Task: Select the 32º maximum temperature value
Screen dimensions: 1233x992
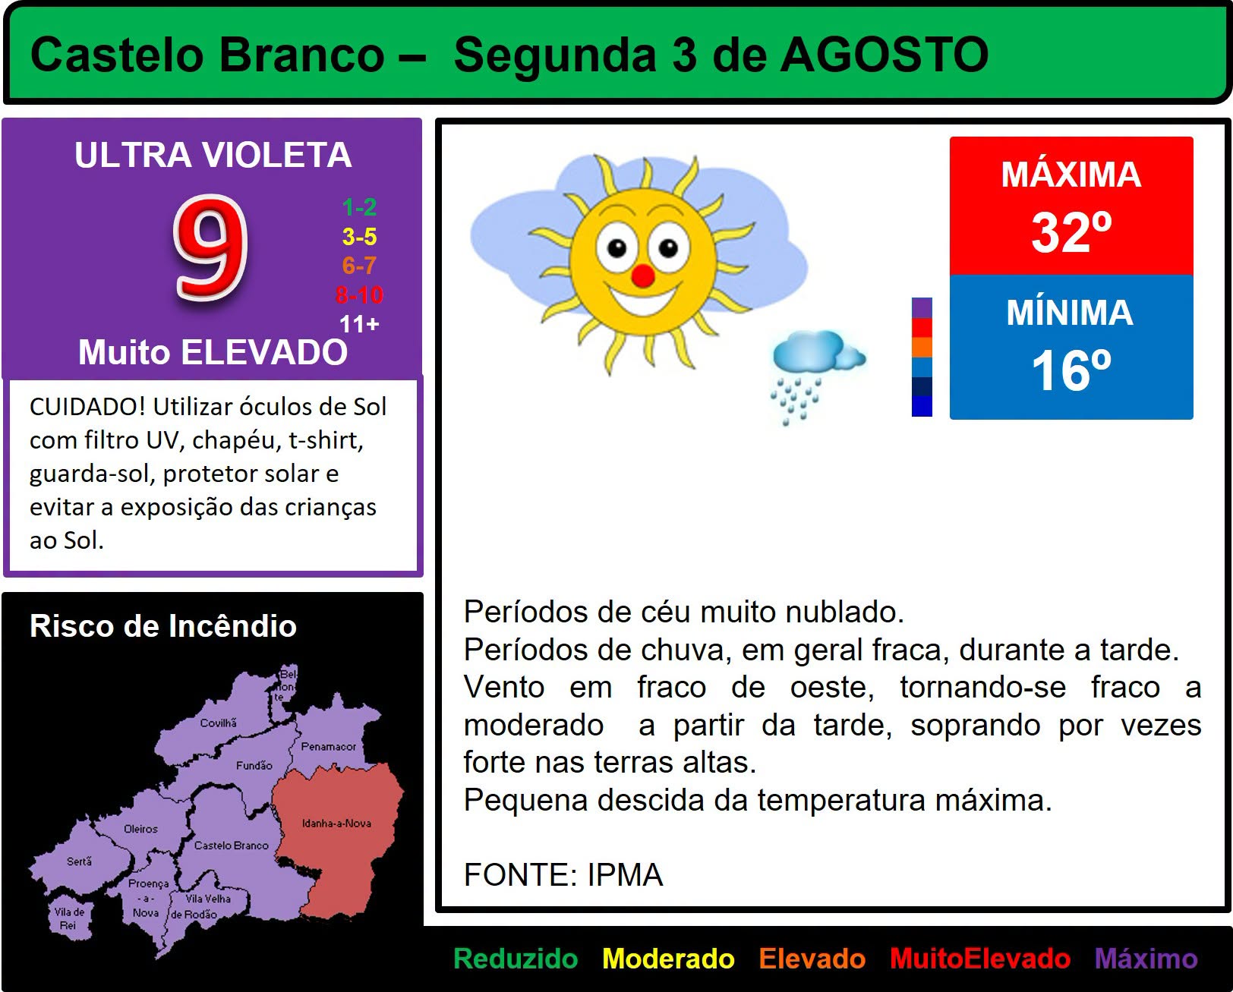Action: point(1071,232)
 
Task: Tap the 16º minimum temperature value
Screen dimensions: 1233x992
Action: point(1071,370)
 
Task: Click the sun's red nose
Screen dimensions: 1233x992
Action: point(643,276)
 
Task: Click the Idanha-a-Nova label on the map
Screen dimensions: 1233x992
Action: point(336,823)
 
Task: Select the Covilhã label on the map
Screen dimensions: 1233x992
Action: point(218,723)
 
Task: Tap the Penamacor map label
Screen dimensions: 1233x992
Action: point(328,746)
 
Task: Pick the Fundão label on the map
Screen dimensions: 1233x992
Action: point(254,765)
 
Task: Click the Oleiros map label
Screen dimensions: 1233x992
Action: point(140,829)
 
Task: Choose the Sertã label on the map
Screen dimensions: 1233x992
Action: point(79,861)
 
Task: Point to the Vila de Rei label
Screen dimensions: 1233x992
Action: point(69,918)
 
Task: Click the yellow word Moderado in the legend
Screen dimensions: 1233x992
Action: point(668,959)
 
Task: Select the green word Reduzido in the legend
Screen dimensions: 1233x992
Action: point(516,959)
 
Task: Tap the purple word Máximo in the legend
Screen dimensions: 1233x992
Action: point(1146,959)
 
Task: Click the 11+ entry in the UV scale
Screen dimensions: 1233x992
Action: point(359,324)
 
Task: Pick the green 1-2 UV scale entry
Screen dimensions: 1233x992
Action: point(359,206)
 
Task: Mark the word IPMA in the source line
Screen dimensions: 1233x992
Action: point(625,874)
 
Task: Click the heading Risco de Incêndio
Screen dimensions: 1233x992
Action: point(163,625)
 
